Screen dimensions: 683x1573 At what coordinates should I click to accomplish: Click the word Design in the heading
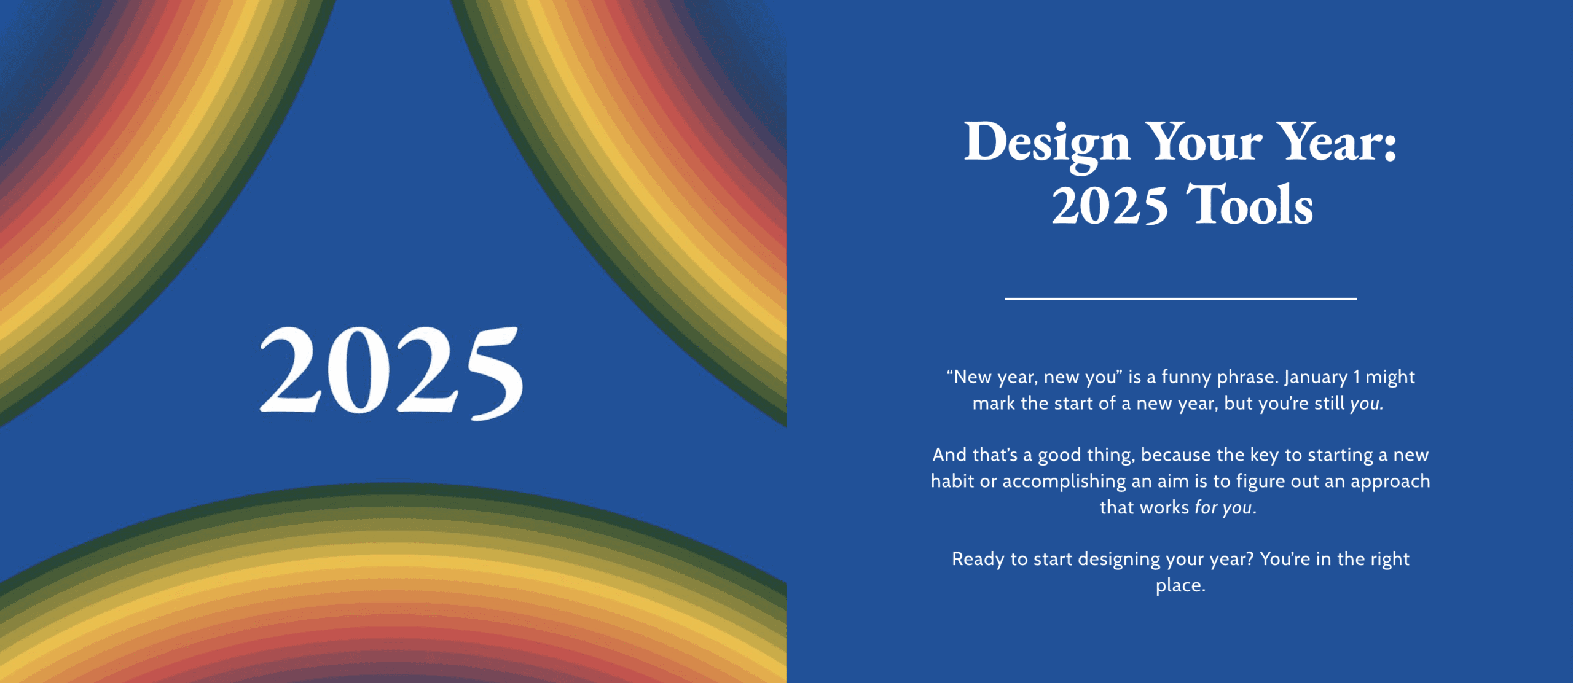click(x=1046, y=142)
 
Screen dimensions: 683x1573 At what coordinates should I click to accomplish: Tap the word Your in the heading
click(x=1203, y=142)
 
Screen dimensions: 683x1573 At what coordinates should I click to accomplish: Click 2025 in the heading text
click(x=1109, y=206)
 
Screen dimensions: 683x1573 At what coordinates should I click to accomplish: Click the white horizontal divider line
click(x=1180, y=299)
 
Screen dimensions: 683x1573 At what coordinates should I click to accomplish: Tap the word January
click(x=1316, y=377)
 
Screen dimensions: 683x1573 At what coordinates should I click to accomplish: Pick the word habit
click(x=952, y=481)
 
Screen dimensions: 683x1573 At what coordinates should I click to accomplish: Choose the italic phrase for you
click(x=1223, y=507)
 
